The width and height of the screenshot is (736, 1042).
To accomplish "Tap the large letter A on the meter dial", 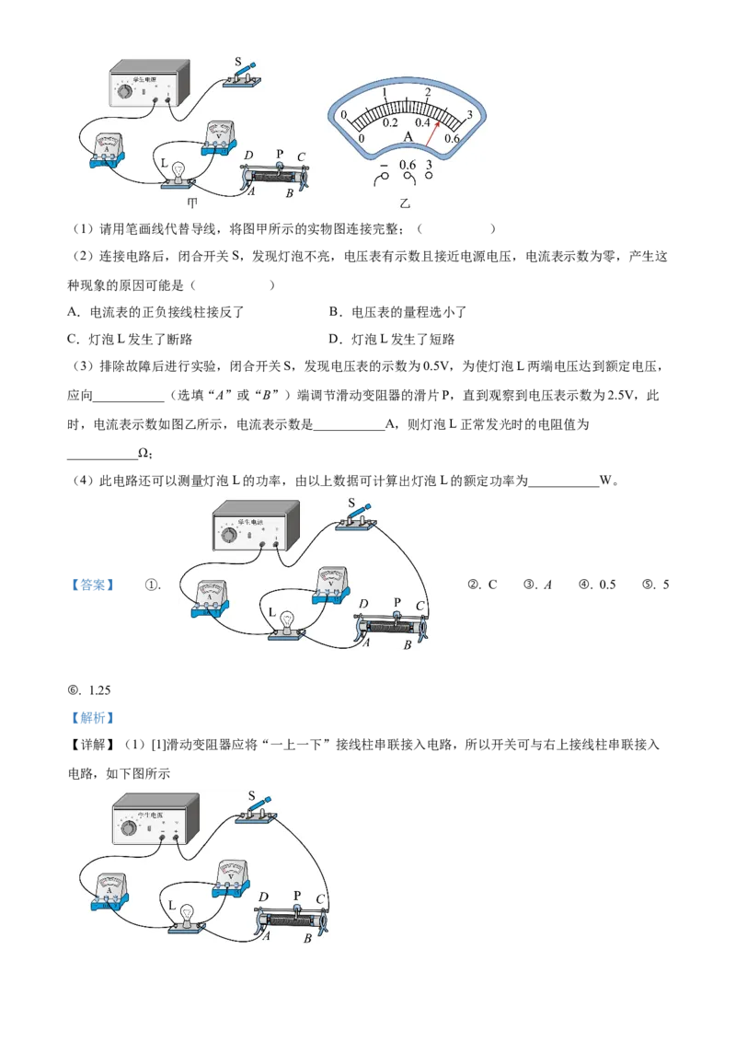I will tap(409, 137).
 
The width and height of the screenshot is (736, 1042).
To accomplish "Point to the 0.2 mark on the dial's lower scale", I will tap(389, 122).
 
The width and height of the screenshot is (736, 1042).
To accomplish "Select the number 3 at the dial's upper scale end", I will tap(469, 115).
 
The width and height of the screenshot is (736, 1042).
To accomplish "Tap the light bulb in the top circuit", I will tap(179, 170).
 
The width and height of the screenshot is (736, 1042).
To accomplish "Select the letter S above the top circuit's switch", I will tap(238, 63).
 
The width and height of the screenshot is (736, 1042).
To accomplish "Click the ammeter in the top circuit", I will tap(109, 150).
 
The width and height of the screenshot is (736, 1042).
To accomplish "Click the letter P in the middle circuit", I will tap(397, 602).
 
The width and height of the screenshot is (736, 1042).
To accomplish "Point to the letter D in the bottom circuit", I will tap(263, 897).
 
